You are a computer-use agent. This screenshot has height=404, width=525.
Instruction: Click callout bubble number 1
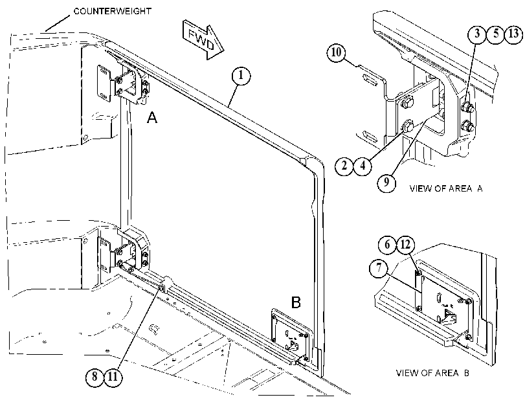(241, 76)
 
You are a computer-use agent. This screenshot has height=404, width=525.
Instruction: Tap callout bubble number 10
(337, 52)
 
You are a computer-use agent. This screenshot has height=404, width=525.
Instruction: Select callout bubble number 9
(386, 182)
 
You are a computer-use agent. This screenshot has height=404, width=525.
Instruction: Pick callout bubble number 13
(513, 34)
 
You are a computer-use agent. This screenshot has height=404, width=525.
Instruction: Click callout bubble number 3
(477, 34)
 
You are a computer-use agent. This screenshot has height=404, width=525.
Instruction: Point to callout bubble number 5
(495, 34)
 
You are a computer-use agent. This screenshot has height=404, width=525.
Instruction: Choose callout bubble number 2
(344, 165)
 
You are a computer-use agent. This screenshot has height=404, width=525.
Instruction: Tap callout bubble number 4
(363, 165)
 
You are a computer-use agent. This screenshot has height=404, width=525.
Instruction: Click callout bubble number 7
(379, 268)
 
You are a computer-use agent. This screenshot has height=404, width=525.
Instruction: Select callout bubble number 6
(387, 245)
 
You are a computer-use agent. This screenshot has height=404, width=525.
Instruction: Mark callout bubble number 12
(405, 245)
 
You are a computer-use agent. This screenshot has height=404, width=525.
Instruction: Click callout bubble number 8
(95, 377)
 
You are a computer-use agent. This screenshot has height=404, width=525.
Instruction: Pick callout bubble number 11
(113, 377)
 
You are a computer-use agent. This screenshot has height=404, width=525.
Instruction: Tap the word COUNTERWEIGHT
(112, 11)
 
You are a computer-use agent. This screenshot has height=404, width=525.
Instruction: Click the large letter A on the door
(152, 117)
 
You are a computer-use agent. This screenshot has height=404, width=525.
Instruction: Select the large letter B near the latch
(296, 302)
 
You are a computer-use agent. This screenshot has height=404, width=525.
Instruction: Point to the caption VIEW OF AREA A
(446, 188)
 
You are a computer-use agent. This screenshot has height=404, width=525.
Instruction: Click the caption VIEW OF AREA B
(432, 373)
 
